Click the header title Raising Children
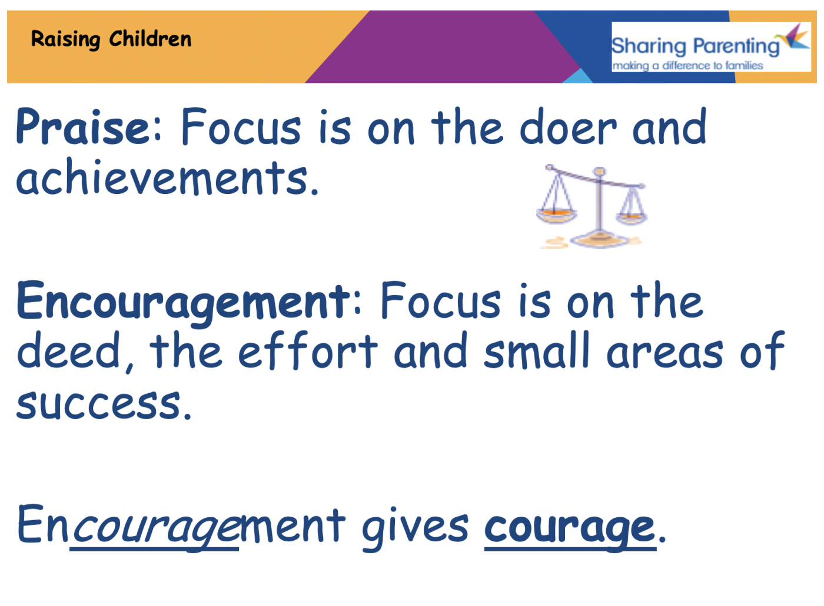pyautogui.click(x=111, y=39)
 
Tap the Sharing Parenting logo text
pyautogui.click(x=695, y=46)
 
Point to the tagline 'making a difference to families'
pyautogui.click(x=687, y=66)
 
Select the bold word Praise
pyautogui.click(x=84, y=127)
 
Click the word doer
pyautogui.click(x=568, y=127)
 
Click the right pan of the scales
pyautogui.click(x=632, y=217)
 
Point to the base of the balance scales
pyautogui.click(x=598, y=239)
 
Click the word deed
pyautogui.click(x=69, y=352)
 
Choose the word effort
pyautogui.click(x=307, y=352)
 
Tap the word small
pyautogui.click(x=536, y=352)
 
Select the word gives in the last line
pyautogui.click(x=415, y=527)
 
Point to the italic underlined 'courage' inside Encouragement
pyautogui.click(x=154, y=528)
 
